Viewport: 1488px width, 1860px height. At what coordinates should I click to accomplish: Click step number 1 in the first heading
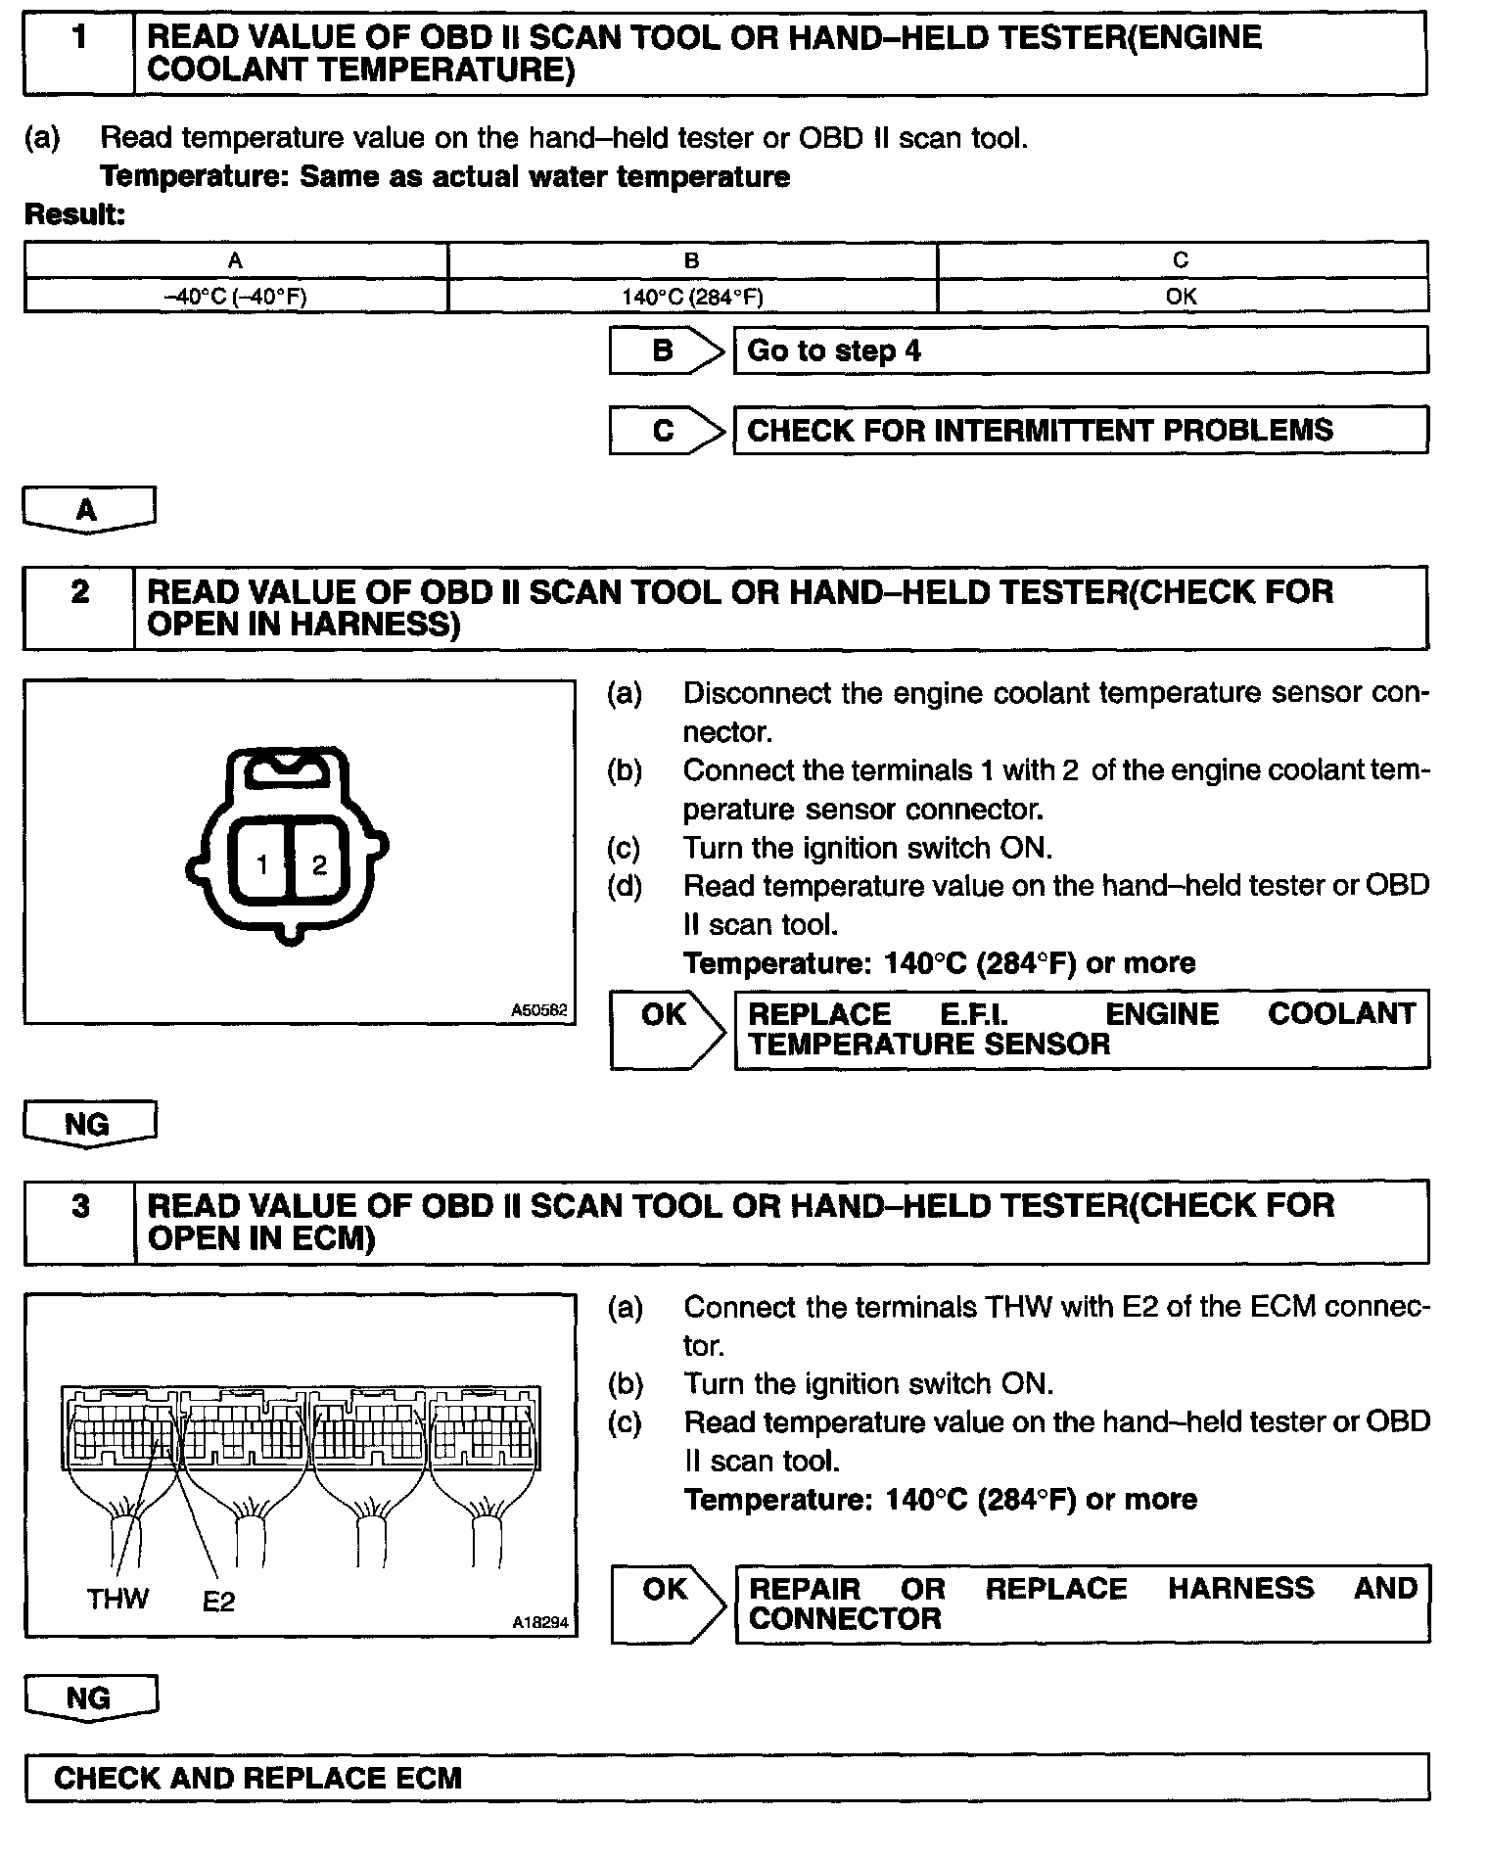tap(79, 38)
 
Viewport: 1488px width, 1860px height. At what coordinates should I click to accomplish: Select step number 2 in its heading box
tap(79, 592)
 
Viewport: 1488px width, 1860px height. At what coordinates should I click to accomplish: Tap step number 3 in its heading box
tap(80, 1206)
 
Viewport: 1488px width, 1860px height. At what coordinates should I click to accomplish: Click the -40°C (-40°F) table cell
tap(235, 297)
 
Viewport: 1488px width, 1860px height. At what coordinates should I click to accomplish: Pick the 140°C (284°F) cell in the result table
tap(692, 297)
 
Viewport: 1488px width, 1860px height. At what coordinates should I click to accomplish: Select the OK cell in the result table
tap(1182, 297)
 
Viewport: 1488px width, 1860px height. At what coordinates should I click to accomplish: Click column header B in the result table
tap(692, 260)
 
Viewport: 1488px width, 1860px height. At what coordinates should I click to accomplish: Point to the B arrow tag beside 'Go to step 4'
tap(665, 350)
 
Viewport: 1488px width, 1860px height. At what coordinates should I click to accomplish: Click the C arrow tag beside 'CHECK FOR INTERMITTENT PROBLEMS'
tap(665, 431)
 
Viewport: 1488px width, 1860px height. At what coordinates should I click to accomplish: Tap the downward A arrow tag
tap(87, 510)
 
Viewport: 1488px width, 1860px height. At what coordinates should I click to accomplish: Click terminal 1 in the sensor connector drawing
tap(262, 864)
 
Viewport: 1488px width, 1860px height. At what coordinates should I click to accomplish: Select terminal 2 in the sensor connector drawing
tap(319, 864)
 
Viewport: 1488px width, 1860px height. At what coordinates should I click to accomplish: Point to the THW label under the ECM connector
tap(117, 1599)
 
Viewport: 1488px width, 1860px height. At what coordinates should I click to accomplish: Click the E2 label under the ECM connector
tap(218, 1602)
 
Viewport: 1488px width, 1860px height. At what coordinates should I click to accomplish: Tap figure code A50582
tap(538, 1009)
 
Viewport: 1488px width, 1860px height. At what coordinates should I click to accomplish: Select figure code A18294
tap(539, 1622)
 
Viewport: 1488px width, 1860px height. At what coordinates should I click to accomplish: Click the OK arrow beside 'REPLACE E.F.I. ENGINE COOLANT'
tap(665, 1016)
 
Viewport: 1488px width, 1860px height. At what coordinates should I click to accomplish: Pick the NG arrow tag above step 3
tap(87, 1124)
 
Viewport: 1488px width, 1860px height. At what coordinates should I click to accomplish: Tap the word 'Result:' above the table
tap(74, 214)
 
